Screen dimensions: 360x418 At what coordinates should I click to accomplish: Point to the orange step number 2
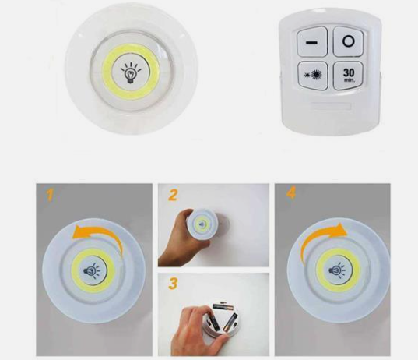(173, 195)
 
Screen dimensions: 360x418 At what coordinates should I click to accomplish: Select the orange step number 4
(291, 193)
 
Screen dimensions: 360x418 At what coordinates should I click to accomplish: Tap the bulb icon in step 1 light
(91, 271)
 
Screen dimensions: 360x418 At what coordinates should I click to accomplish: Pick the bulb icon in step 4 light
(338, 270)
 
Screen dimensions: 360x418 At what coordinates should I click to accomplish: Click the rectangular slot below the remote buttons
(325, 104)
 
